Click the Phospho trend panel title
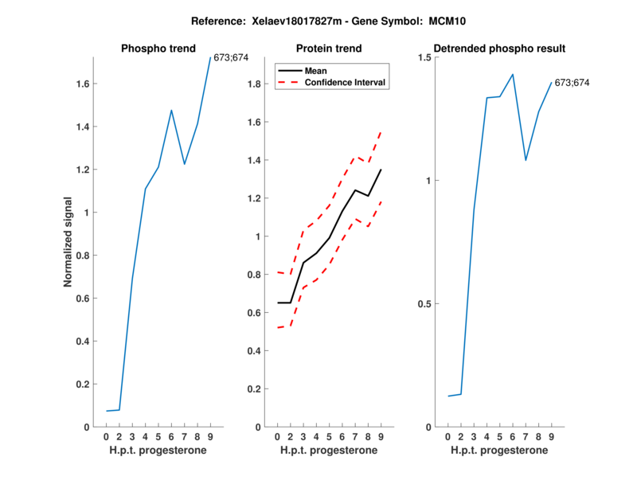(x=158, y=49)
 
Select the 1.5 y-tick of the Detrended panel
(x=426, y=58)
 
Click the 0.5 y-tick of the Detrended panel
(x=426, y=304)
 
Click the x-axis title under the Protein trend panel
(x=328, y=451)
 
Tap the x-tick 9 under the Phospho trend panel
(x=210, y=437)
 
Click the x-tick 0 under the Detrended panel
(x=448, y=437)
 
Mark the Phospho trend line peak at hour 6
(x=171, y=110)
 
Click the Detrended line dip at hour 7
(x=526, y=160)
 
